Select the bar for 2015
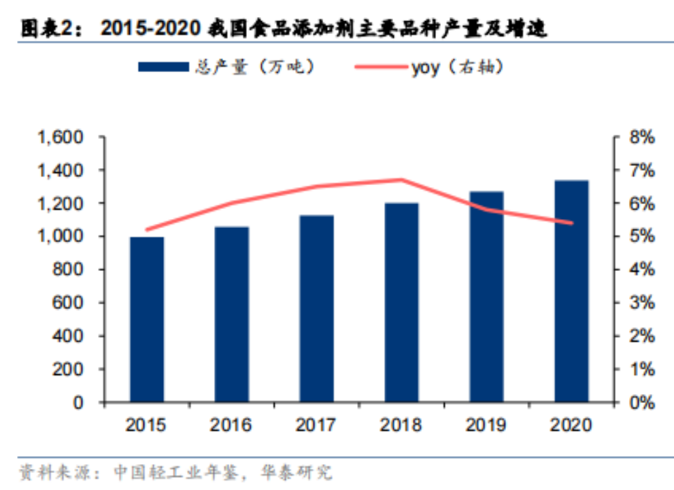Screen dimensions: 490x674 click(x=147, y=319)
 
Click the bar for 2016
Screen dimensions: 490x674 click(x=231, y=314)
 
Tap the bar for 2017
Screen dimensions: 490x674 click(x=317, y=308)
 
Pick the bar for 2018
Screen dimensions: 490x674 click(x=401, y=302)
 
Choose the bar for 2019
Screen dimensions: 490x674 click(x=486, y=297)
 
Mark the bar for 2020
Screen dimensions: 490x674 click(x=571, y=291)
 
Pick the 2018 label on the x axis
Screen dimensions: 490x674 click(x=401, y=425)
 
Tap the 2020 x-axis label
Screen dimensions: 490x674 click(x=571, y=425)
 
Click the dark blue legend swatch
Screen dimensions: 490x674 click(x=163, y=67)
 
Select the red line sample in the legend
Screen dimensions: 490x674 click(x=382, y=67)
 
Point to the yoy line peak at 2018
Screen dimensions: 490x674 click(x=401, y=180)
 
